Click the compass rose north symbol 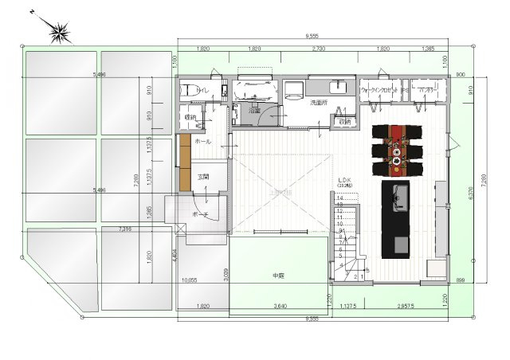pyautogui.click(x=59, y=33)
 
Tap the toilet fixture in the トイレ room pyautogui.click(x=188, y=92)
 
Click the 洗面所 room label pyautogui.click(x=319, y=103)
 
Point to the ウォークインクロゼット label pyautogui.click(x=379, y=91)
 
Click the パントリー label pyautogui.click(x=429, y=91)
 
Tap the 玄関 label pyautogui.click(x=204, y=177)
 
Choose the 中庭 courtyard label pyautogui.click(x=278, y=276)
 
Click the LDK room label pyautogui.click(x=345, y=180)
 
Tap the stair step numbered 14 pyautogui.click(x=340, y=198)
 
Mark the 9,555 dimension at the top pyautogui.click(x=312, y=36)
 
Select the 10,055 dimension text pyautogui.click(x=190, y=280)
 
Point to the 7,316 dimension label pyautogui.click(x=124, y=229)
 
